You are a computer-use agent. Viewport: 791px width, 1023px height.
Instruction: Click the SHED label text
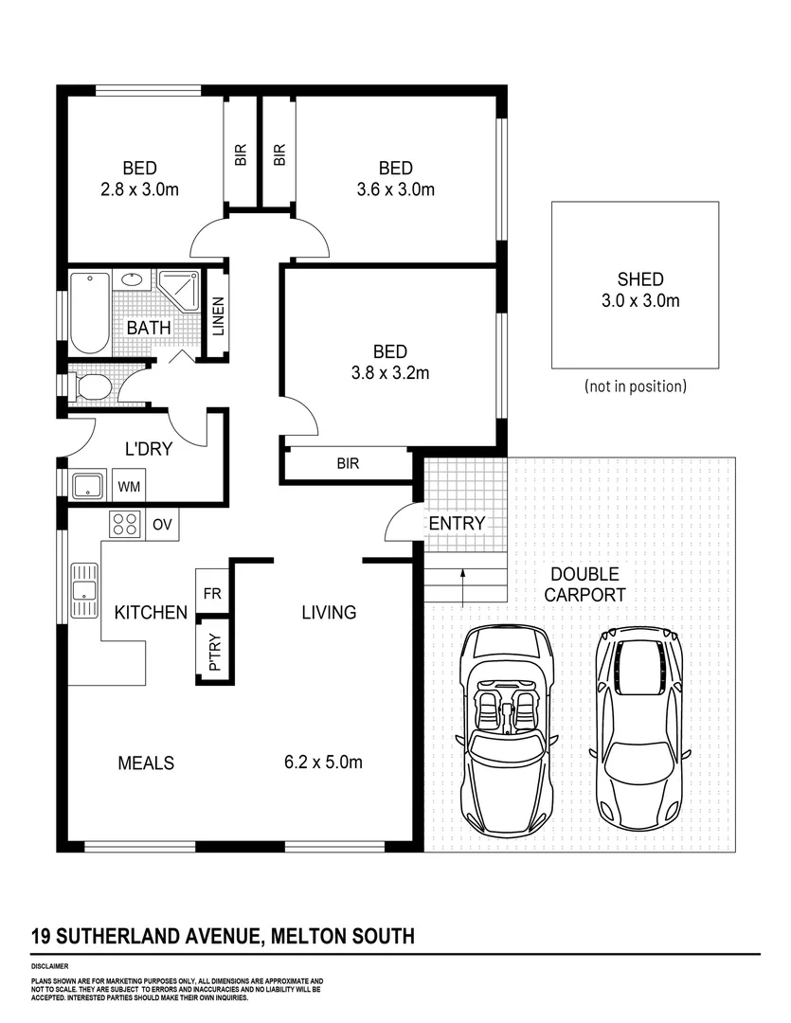[640, 279]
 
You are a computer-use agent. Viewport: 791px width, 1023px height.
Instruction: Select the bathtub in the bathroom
[89, 312]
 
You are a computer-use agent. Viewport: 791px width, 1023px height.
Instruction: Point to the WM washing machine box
[128, 487]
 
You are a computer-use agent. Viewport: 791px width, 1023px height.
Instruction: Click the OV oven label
[161, 523]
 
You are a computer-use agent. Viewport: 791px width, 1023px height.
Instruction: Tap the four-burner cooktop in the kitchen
[124, 523]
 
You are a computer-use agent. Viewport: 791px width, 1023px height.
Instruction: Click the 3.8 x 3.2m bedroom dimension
[391, 372]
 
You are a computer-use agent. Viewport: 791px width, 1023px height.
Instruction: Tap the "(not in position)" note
[636, 386]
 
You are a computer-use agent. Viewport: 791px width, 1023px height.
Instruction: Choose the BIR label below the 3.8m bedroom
[348, 464]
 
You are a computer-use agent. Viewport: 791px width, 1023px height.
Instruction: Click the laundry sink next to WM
[90, 486]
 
